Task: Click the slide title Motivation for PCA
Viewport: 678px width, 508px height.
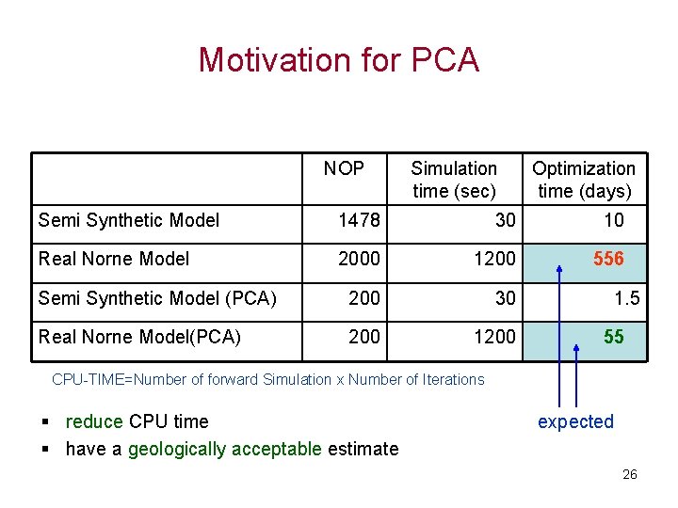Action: pyautogui.click(x=338, y=60)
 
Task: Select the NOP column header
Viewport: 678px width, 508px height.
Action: pyautogui.click(x=344, y=168)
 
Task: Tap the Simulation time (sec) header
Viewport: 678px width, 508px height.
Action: pyautogui.click(x=454, y=180)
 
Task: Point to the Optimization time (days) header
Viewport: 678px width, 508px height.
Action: pyautogui.click(x=583, y=180)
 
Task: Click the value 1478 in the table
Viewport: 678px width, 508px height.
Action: pyautogui.click(x=359, y=220)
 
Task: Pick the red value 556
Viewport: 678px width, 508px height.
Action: pyautogui.click(x=608, y=259)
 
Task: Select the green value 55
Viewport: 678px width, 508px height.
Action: pyautogui.click(x=613, y=336)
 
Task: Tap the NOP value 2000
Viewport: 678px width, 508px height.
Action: pyautogui.click(x=359, y=259)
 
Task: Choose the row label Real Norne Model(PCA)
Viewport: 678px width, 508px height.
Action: pyautogui.click(x=139, y=336)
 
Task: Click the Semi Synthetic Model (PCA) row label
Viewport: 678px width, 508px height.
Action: pyautogui.click(x=157, y=297)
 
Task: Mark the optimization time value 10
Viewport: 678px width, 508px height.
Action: pyautogui.click(x=613, y=220)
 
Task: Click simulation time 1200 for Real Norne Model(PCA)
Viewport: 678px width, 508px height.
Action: pyautogui.click(x=494, y=336)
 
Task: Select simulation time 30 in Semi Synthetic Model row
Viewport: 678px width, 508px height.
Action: pyautogui.click(x=505, y=220)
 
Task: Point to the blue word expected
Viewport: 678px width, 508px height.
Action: pyautogui.click(x=575, y=421)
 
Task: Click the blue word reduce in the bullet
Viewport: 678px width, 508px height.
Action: pyautogui.click(x=94, y=421)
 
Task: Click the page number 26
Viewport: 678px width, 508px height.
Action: pyautogui.click(x=629, y=474)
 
